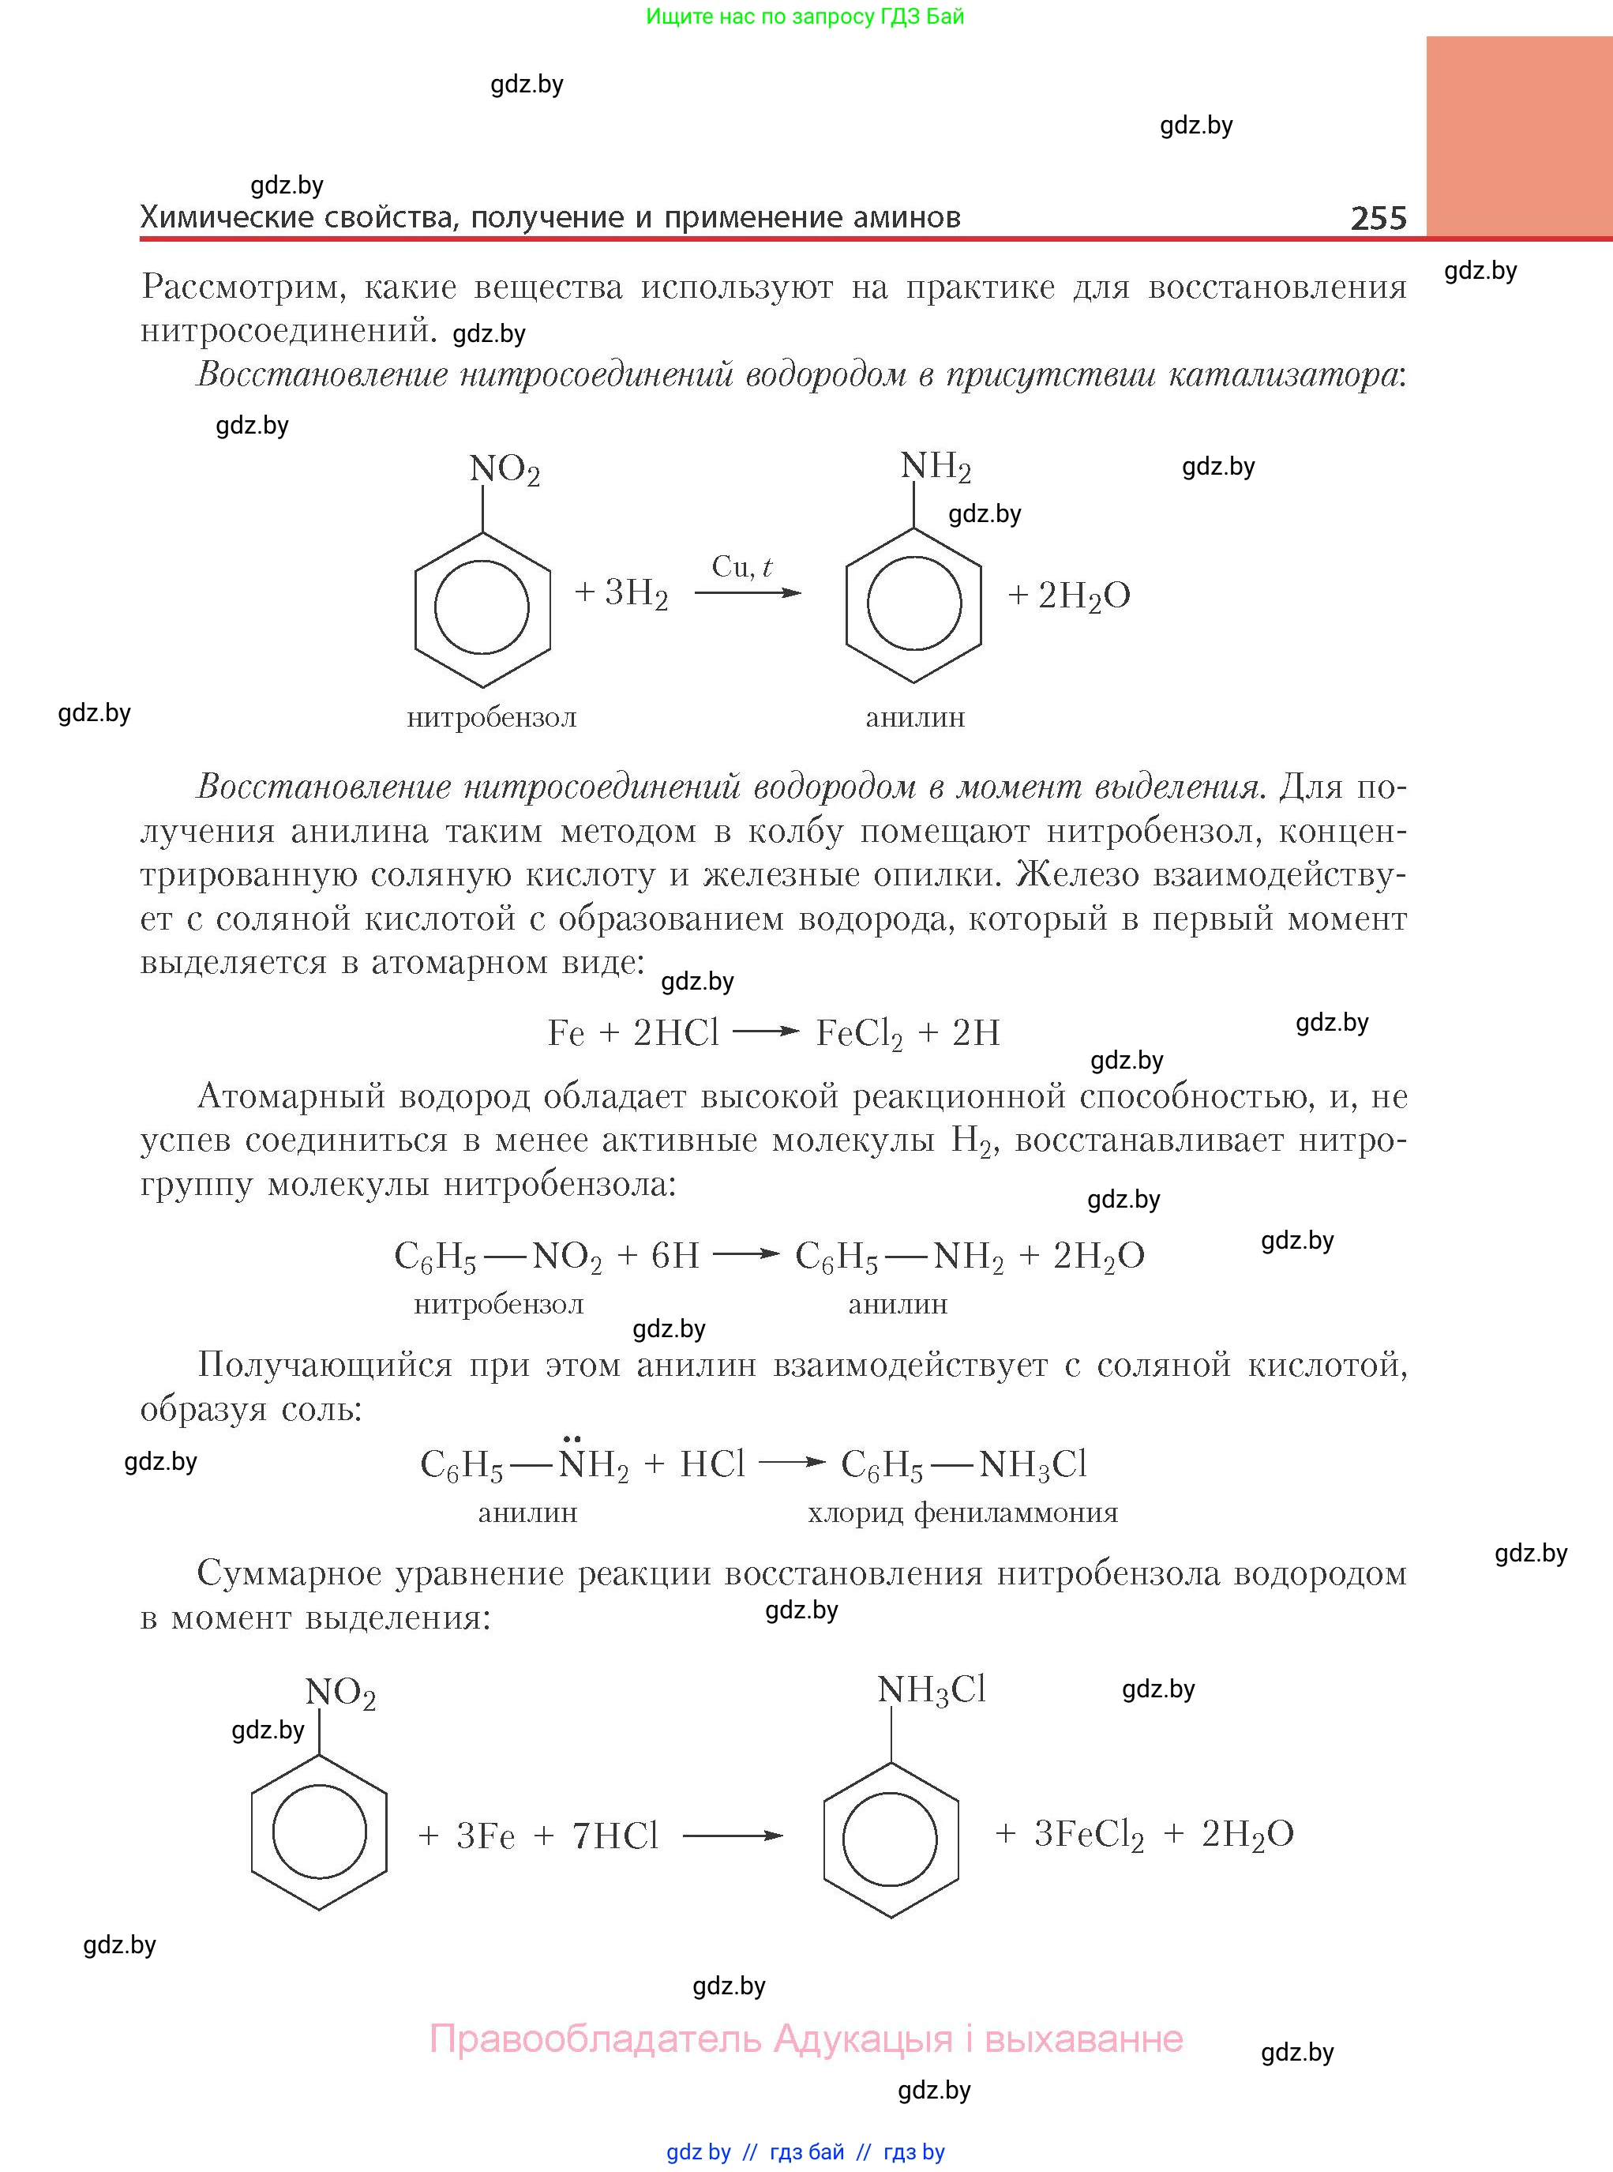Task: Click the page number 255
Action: pos(1378,218)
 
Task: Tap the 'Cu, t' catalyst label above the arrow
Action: pos(742,567)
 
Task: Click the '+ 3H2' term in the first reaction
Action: pos(622,593)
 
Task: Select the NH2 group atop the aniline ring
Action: pos(935,467)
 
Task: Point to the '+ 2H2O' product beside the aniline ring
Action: pos(1069,596)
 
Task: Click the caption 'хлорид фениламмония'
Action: pos(962,1513)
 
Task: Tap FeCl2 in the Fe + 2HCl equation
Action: pos(859,1033)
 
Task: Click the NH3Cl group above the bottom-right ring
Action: pos(932,1689)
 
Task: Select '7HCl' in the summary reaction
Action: pos(615,1836)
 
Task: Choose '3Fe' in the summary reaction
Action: pos(486,1836)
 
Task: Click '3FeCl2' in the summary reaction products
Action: pos(1089,1834)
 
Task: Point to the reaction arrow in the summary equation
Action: pos(733,1836)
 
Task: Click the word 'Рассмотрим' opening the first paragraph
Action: pos(244,287)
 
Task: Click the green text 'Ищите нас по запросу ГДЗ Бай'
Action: pos(805,17)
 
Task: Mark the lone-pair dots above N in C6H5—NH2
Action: pos(572,1437)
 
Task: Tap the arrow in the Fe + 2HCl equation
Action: pos(767,1032)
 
